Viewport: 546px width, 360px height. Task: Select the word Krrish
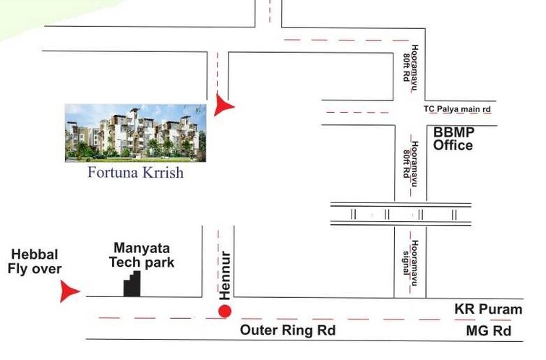pos(162,173)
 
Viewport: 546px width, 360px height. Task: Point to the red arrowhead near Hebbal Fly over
pos(69,292)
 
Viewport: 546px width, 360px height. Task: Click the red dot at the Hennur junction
pos(225,312)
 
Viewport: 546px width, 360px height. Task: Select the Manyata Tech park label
pos(143,255)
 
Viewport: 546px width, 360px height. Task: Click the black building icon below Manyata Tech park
pos(131,284)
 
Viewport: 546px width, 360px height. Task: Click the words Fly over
pos(35,270)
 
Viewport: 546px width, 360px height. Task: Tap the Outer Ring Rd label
pos(288,330)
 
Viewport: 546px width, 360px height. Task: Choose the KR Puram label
pos(487,309)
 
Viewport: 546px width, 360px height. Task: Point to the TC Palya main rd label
pos(457,109)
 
